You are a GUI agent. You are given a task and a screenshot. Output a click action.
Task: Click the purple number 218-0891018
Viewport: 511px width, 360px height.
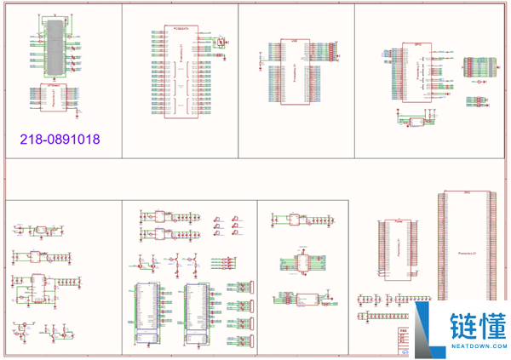coord(60,137)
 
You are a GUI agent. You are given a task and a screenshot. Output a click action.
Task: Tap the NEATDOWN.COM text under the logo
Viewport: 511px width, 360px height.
coord(479,346)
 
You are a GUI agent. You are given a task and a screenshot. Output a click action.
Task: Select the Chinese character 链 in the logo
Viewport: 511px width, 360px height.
coord(465,325)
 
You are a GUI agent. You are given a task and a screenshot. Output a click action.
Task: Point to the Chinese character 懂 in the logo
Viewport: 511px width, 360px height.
coord(493,325)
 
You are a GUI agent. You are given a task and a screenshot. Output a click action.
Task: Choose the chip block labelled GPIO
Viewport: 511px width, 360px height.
coord(417,74)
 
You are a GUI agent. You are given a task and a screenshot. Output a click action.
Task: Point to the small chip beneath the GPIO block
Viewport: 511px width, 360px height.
coord(417,122)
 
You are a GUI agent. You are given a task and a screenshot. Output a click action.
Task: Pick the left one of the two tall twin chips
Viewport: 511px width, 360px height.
coord(148,311)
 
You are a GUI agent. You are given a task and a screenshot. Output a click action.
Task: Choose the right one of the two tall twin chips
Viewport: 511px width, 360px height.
coord(198,311)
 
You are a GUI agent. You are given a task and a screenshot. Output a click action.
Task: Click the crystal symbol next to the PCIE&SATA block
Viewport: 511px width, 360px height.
coord(220,42)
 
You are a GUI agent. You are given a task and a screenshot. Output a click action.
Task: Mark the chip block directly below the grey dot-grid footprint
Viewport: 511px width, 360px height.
coord(54,99)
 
